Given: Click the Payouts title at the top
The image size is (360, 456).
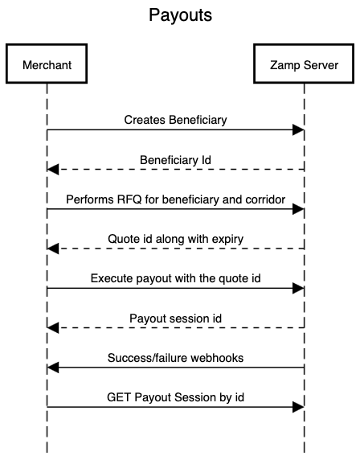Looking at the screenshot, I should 180,16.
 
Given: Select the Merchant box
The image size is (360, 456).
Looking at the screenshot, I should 47,66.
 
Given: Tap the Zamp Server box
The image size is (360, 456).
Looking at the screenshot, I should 304,66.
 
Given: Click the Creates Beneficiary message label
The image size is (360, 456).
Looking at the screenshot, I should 175,120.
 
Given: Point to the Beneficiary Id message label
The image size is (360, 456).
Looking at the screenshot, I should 175,159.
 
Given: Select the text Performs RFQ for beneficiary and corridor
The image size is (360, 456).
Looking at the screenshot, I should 175,199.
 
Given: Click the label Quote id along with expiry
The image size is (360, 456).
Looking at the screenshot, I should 175,239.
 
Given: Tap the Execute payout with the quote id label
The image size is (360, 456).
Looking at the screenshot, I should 175,278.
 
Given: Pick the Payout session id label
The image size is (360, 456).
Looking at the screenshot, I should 175,318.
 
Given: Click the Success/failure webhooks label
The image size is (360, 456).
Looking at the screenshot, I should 175,357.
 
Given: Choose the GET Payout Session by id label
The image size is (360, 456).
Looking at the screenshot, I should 175,396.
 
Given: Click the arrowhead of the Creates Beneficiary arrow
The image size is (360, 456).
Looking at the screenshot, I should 299,129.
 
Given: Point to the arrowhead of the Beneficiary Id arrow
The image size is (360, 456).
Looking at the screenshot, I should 52,169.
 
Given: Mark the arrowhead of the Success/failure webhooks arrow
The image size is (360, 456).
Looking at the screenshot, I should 52,367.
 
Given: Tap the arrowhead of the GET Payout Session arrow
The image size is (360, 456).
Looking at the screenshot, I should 299,406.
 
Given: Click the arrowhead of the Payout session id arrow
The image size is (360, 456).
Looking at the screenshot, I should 52,327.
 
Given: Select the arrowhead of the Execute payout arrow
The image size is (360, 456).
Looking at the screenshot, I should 299,288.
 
